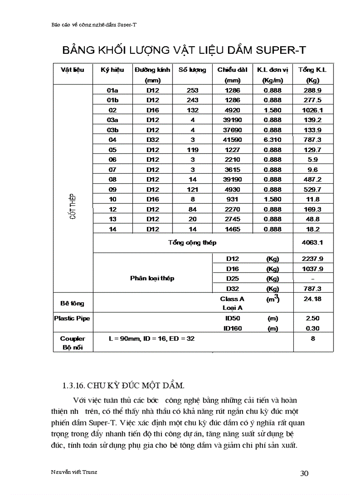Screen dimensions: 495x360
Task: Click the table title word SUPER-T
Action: (275, 49)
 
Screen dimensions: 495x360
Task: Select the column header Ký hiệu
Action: (112, 70)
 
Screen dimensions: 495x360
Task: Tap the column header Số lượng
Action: (192, 70)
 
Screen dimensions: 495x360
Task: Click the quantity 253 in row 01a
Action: (192, 90)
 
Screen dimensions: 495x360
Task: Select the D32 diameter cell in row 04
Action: (153, 140)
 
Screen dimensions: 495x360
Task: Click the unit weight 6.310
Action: (273, 140)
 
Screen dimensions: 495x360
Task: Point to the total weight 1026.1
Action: (313, 110)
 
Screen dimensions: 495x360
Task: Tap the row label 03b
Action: (112, 130)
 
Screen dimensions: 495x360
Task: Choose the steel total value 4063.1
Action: (313, 242)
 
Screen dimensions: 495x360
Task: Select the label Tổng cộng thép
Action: (192, 242)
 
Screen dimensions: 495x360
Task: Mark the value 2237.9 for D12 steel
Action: (313, 259)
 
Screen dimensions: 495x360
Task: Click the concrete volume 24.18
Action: (313, 299)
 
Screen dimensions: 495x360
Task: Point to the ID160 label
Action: (232, 328)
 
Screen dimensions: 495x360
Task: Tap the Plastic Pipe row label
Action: (72, 318)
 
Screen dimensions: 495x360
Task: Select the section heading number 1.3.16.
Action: (73, 385)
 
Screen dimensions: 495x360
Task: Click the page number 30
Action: (304, 473)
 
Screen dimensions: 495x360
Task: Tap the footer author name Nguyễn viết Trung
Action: (74, 472)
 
